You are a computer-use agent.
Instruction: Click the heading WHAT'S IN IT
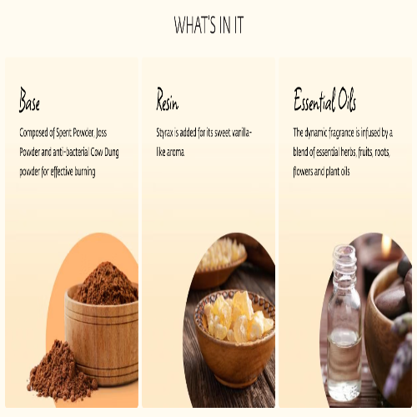point(208,25)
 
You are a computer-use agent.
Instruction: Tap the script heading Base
point(29,99)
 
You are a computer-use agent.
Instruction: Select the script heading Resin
point(167,99)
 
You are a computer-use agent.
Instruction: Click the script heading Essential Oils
point(324,99)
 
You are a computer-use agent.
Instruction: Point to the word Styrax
point(164,133)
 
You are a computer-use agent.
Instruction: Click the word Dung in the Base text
point(112,153)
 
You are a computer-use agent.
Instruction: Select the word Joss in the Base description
point(101,133)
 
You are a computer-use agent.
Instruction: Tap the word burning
point(85,172)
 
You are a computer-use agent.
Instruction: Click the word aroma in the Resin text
point(175,153)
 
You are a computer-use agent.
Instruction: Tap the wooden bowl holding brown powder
point(102,334)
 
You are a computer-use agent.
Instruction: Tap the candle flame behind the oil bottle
point(386,244)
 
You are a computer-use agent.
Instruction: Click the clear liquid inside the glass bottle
point(344,364)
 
